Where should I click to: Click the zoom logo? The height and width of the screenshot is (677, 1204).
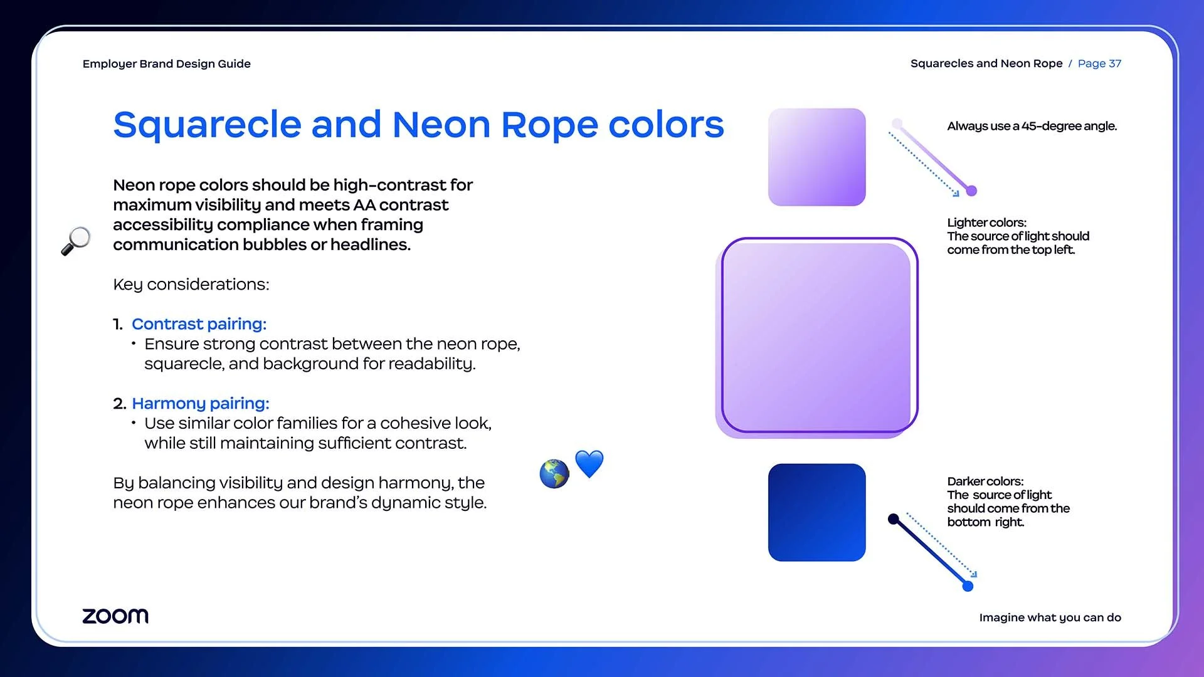click(115, 616)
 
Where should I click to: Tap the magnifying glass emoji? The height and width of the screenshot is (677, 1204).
click(76, 241)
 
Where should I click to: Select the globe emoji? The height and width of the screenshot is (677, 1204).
click(554, 474)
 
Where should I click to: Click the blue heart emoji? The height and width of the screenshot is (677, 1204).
click(589, 464)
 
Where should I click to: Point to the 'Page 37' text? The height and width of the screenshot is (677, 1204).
click(1099, 63)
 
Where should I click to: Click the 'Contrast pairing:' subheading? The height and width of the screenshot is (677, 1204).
click(199, 324)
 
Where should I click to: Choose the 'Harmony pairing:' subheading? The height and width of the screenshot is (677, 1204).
click(201, 403)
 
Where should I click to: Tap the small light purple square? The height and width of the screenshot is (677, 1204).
click(816, 157)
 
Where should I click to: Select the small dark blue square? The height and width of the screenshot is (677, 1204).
click(816, 512)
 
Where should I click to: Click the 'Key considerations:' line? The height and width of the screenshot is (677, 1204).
click(191, 285)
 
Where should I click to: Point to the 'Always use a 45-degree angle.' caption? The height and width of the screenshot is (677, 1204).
click(1032, 126)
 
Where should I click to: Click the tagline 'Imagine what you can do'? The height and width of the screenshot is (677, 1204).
click(1050, 617)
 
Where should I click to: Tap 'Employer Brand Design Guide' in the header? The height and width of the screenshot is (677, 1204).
click(167, 64)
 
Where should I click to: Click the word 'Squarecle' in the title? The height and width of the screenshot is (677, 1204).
click(208, 125)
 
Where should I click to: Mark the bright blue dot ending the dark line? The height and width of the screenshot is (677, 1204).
click(968, 586)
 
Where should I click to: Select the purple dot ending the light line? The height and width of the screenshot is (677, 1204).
click(971, 191)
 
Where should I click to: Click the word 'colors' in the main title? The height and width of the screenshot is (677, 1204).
click(667, 125)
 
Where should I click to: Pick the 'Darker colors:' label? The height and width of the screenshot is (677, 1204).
click(985, 481)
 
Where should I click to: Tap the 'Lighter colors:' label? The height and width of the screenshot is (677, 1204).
click(987, 223)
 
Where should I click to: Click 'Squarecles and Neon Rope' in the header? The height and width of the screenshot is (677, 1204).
click(986, 63)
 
